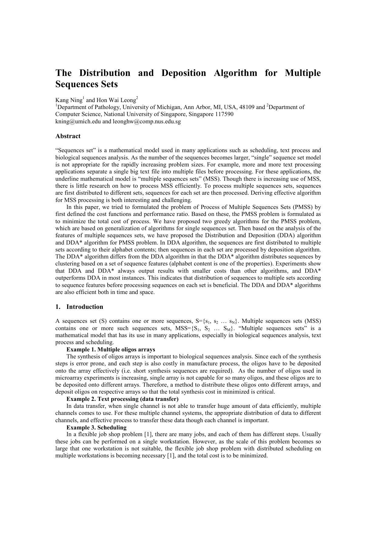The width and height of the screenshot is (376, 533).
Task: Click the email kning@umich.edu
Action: point(79,122)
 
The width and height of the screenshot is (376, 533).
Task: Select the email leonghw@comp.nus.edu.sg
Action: point(147,122)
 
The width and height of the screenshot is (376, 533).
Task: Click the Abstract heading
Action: point(68,136)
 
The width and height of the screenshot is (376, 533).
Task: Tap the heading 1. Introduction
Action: point(79,307)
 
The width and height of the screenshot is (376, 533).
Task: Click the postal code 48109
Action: point(247,107)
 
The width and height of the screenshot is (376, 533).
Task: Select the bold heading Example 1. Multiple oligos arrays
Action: point(111,350)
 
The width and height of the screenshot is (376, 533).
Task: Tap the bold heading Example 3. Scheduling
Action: point(96,428)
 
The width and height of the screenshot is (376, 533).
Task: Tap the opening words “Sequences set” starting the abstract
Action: point(72,151)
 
